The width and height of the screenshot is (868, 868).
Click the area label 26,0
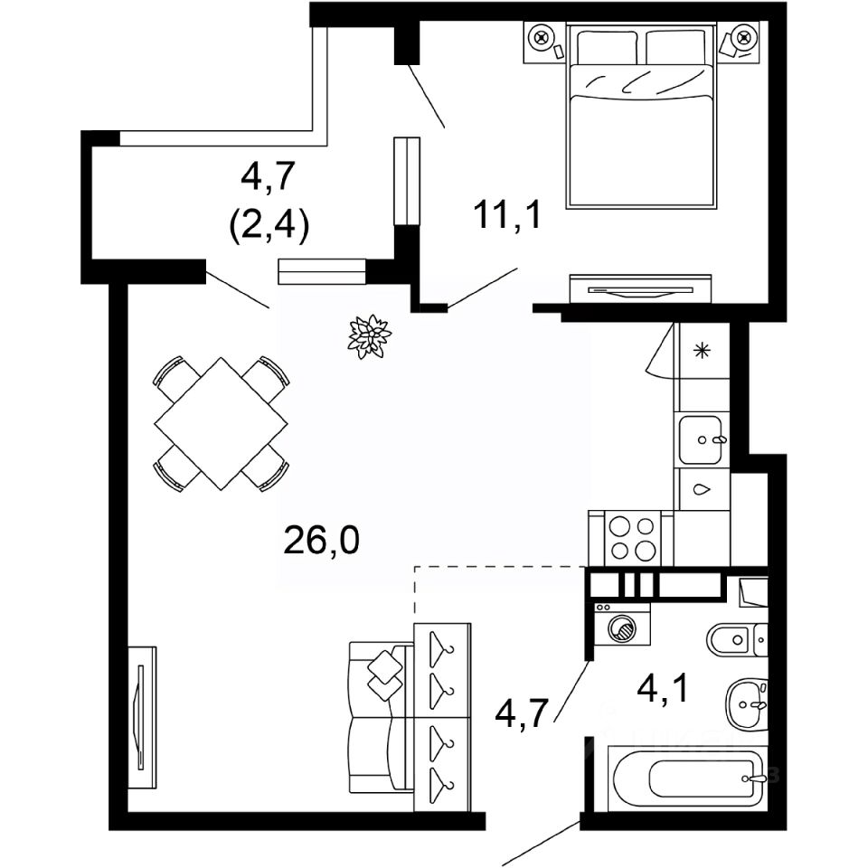321,541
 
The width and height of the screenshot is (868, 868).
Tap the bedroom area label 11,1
507,214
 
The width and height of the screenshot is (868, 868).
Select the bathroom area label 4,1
663,689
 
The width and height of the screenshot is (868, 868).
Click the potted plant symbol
369,336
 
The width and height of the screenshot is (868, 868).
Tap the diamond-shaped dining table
221,424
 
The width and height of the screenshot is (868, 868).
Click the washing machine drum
623,628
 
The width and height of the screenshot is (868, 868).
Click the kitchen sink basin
701,440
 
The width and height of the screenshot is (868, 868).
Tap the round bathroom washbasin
747,705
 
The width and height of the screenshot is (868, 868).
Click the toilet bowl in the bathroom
731,640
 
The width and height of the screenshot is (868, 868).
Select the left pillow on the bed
607,48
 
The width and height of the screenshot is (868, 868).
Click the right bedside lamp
742,38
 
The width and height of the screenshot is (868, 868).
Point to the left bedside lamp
541,38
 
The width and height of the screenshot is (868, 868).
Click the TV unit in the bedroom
640,289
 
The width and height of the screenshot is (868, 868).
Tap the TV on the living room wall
141,717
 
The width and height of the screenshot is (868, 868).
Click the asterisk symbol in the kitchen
702,351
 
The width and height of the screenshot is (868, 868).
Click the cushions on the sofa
385,675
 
